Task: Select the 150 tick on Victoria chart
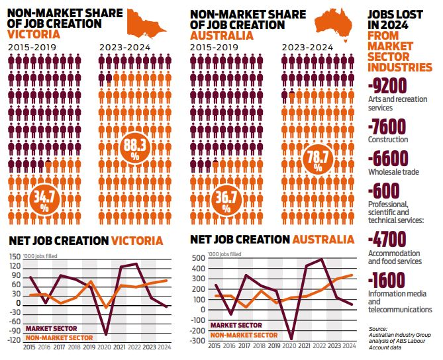tap(14, 257)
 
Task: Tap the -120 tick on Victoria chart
tap(13, 339)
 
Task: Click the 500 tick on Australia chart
tap(197, 258)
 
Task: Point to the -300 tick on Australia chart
tap(196, 340)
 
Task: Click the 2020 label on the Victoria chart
tap(105, 347)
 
